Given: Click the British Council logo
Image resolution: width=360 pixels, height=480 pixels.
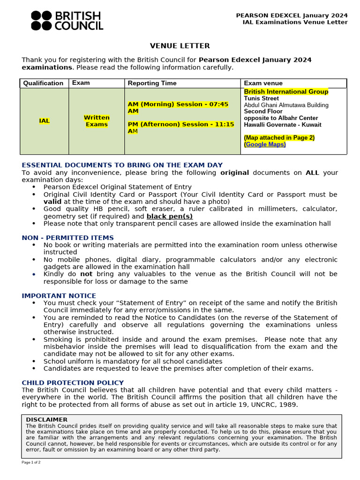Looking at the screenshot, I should (67, 21).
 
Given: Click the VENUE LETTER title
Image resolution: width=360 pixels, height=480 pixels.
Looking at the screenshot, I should (180, 46).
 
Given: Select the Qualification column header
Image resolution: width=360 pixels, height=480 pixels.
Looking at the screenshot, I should (43, 83).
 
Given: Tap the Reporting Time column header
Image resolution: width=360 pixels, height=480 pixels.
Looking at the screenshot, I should (152, 83).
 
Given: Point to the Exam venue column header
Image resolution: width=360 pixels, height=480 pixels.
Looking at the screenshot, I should (263, 83).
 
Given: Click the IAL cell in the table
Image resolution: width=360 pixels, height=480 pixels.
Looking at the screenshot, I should (44, 121).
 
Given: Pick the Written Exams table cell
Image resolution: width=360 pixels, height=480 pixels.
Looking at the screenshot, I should (97, 121).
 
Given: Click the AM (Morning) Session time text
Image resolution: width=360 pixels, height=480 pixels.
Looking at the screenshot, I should (178, 107).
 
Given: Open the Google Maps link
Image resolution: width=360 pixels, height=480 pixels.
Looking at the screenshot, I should (265, 144).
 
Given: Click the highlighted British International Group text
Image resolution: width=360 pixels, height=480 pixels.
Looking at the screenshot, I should (286, 91).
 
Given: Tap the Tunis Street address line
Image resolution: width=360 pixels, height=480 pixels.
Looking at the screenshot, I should (261, 98).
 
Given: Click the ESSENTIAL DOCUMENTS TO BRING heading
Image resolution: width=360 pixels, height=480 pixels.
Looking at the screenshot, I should (122, 165).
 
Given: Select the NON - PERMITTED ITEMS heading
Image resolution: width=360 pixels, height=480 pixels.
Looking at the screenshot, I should (67, 238).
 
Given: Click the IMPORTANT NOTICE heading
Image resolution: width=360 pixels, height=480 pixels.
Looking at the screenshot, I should (59, 296).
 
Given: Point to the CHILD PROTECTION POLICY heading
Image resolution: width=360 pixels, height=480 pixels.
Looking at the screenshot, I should (73, 383).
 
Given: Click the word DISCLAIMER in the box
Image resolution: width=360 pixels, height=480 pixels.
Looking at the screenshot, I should (46, 420).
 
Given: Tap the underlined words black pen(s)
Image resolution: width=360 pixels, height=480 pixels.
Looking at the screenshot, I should (169, 216).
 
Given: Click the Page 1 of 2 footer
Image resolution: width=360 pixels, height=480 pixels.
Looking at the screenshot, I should (31, 462).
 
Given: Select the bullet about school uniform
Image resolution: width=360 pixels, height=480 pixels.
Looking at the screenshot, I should (133, 361).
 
